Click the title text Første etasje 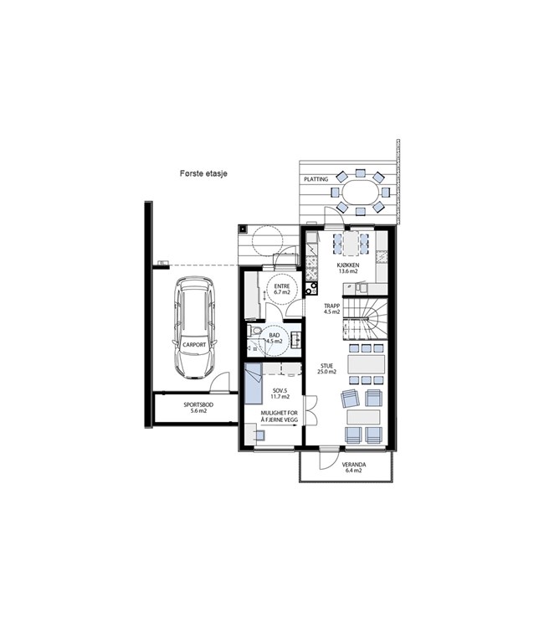pos(203,173)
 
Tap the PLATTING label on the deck pos(316,179)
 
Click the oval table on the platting pos(360,192)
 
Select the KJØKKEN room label pos(348,265)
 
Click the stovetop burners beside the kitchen pos(311,288)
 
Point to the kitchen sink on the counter pos(362,287)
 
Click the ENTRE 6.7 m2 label pos(282,289)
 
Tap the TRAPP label pos(332,306)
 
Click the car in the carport pos(194,327)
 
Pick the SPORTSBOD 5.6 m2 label pos(198,408)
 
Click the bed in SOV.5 pos(253,383)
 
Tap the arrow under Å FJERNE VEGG pos(279,425)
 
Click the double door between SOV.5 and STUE pos(310,409)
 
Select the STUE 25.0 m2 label pos(326,368)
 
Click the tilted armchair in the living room pos(351,399)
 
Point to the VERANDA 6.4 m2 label pos(354,468)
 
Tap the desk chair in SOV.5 pos(259,435)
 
